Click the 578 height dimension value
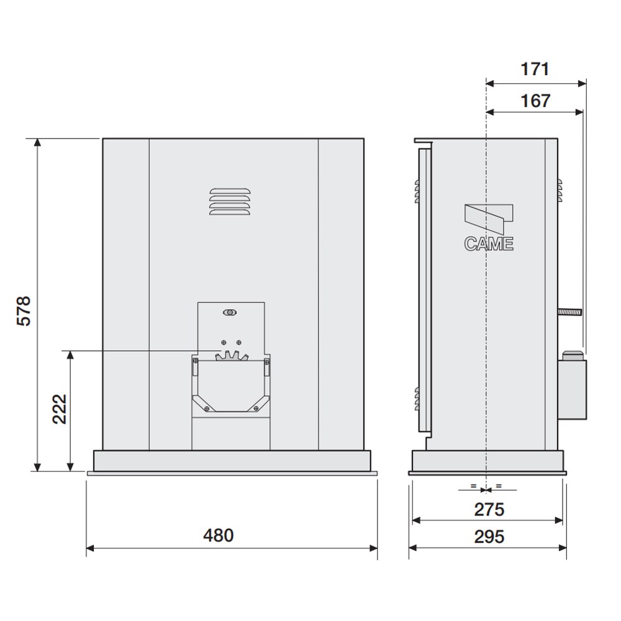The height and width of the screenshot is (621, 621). pyautogui.click(x=24, y=311)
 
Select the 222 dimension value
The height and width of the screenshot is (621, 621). pyautogui.click(x=60, y=409)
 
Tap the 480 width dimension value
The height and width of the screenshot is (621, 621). pyautogui.click(x=218, y=535)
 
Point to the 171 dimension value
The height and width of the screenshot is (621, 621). pyautogui.click(x=535, y=70)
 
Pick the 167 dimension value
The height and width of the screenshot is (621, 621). pyautogui.click(x=535, y=101)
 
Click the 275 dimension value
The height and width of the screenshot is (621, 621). pyautogui.click(x=489, y=510)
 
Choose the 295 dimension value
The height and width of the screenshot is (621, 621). pyautogui.click(x=489, y=537)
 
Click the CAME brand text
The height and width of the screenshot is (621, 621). pyautogui.click(x=489, y=244)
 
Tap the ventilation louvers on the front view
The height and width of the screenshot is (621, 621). pyautogui.click(x=230, y=202)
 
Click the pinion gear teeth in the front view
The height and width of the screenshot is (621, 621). pyautogui.click(x=232, y=356)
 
